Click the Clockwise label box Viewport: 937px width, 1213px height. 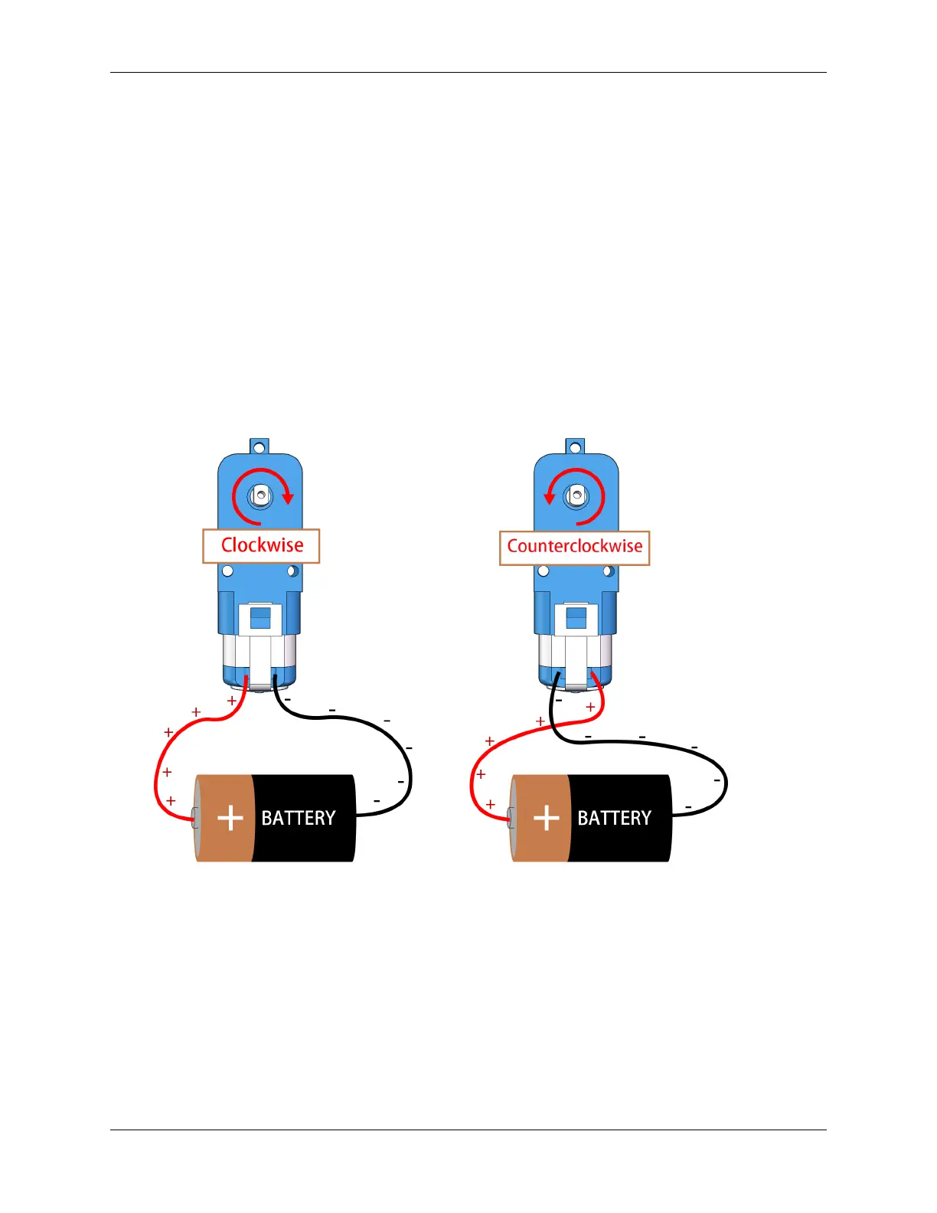coord(261,546)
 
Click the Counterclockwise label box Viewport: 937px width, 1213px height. coord(574,548)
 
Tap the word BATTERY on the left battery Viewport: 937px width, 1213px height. coord(299,818)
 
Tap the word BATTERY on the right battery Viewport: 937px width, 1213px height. coord(614,818)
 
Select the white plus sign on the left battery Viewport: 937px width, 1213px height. coord(230,818)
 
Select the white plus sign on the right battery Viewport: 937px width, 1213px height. coord(547,818)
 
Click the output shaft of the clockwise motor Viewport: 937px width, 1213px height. coord(260,495)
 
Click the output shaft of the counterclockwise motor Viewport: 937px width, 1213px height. coord(576,496)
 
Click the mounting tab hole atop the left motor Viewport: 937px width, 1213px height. coord(260,446)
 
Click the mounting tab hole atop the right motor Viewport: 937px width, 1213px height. coord(576,446)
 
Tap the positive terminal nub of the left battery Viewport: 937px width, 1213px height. coord(195,818)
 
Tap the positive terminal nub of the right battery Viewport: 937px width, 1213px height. coord(511,818)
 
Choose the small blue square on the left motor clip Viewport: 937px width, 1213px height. coord(260,617)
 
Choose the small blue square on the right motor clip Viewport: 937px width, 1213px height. coord(576,617)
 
